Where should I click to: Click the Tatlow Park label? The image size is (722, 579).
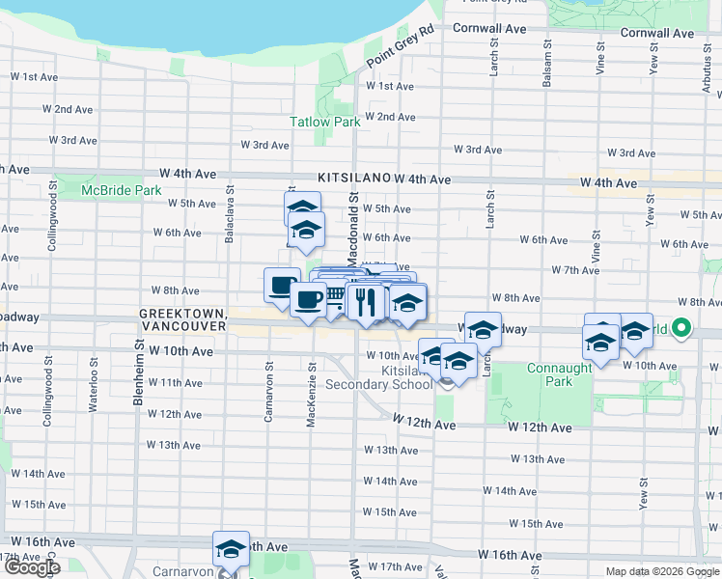325,123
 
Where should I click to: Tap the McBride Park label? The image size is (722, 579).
121,191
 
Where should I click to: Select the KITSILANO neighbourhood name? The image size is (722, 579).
353,179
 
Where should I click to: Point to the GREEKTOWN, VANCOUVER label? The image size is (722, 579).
183,320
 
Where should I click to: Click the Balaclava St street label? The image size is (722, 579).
230,213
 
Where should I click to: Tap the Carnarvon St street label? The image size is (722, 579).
269,391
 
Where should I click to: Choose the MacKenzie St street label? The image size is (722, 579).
312,393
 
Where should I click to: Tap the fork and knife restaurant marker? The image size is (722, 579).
365,303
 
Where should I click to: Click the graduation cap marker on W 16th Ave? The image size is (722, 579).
231,548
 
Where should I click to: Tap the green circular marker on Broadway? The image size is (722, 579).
681,329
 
